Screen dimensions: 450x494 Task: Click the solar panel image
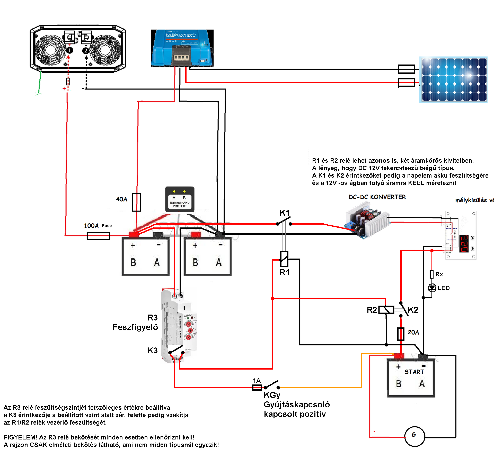(x=453, y=79)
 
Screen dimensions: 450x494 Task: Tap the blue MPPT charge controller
(x=182, y=48)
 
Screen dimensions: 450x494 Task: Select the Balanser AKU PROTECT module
(x=180, y=199)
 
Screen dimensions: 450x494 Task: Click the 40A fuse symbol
(x=136, y=202)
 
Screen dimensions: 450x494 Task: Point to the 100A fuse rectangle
(x=99, y=236)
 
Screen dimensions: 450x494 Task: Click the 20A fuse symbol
(x=401, y=334)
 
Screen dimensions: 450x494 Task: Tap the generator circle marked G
(x=414, y=436)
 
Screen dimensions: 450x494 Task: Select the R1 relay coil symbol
(x=284, y=259)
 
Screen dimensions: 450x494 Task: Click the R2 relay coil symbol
(x=386, y=310)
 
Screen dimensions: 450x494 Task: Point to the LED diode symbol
(x=432, y=288)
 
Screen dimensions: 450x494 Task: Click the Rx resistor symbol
(x=432, y=274)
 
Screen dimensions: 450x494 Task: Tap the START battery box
(x=411, y=378)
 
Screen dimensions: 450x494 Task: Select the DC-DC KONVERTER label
(x=377, y=197)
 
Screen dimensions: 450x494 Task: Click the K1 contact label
(x=285, y=213)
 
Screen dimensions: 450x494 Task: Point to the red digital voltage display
(x=464, y=243)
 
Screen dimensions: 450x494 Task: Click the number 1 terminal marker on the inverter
(x=69, y=50)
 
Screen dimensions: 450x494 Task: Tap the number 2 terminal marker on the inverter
(x=86, y=51)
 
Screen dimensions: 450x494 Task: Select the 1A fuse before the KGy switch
(x=257, y=387)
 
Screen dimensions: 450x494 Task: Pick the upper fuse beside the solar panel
(x=406, y=69)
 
